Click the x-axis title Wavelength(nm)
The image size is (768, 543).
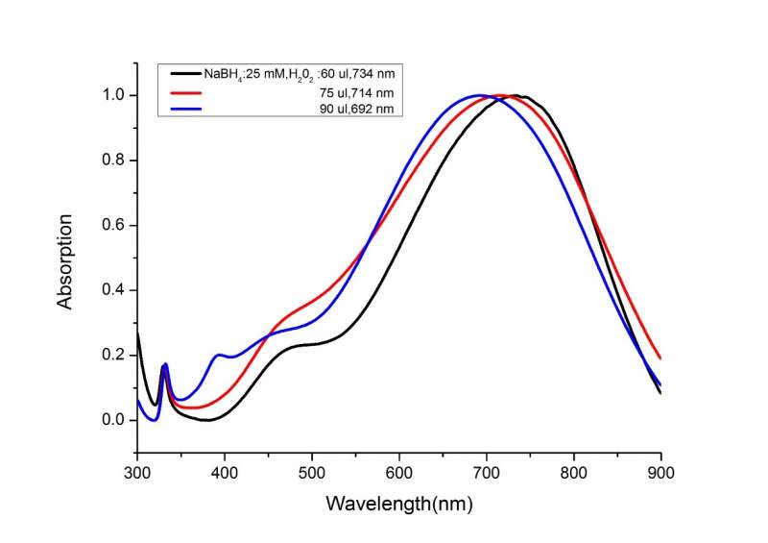[x=398, y=503]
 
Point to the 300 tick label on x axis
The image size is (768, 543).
[x=138, y=472]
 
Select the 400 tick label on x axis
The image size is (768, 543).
[x=225, y=472]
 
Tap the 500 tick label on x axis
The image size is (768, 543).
[x=312, y=472]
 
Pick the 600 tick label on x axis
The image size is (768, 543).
[x=399, y=472]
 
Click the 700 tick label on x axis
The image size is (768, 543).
[x=487, y=472]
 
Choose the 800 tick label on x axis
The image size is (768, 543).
[x=574, y=472]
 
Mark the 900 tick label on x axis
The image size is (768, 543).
[x=660, y=472]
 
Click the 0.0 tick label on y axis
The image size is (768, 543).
[x=113, y=420]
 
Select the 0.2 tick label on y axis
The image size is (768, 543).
[x=113, y=356]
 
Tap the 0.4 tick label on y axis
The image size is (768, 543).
[x=113, y=290]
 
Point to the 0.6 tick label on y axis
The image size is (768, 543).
[x=113, y=226]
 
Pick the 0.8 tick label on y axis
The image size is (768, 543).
[x=113, y=160]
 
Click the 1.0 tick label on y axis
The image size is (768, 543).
[x=113, y=95]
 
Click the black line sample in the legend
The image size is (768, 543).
[x=184, y=74]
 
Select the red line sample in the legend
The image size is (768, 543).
[x=184, y=92]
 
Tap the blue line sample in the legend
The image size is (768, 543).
[x=184, y=110]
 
